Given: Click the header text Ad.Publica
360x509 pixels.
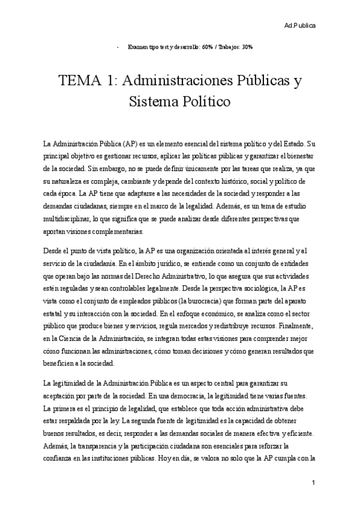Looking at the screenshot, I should pyautogui.click(x=300, y=26).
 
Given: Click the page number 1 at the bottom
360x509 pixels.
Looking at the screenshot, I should pyautogui.click(x=314, y=482).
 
